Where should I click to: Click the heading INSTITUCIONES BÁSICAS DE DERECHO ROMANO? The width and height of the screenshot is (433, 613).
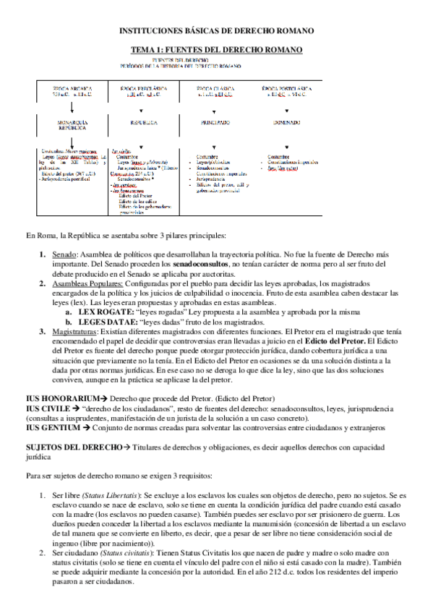pyautogui.click(x=216, y=31)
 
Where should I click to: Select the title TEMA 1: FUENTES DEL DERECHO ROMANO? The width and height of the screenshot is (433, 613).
pyautogui.click(x=215, y=49)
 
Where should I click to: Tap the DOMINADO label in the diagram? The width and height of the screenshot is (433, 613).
pyautogui.click(x=288, y=123)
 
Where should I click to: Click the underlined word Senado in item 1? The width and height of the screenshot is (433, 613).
pyautogui.click(x=63, y=255)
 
